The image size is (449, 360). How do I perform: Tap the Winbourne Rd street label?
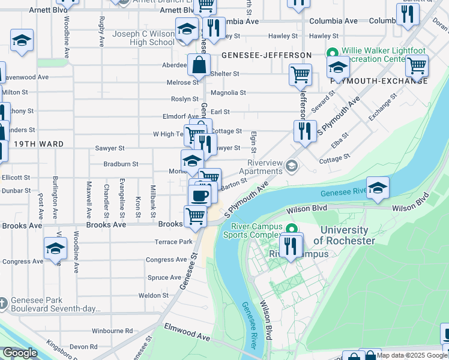click(x=112, y=331)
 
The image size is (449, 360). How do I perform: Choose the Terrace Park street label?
click(x=173, y=242)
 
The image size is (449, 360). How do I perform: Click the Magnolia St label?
click(x=228, y=93)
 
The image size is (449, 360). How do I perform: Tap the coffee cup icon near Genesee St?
click(x=199, y=195)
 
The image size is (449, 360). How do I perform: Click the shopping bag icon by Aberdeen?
click(x=198, y=64)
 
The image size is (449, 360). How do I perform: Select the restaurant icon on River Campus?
click(x=291, y=246)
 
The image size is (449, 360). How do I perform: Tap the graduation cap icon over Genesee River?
click(x=378, y=188)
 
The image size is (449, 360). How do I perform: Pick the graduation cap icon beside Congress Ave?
click(x=55, y=248)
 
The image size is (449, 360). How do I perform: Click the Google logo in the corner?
click(x=20, y=353)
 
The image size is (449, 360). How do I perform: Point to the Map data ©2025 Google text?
click(x=412, y=355)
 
